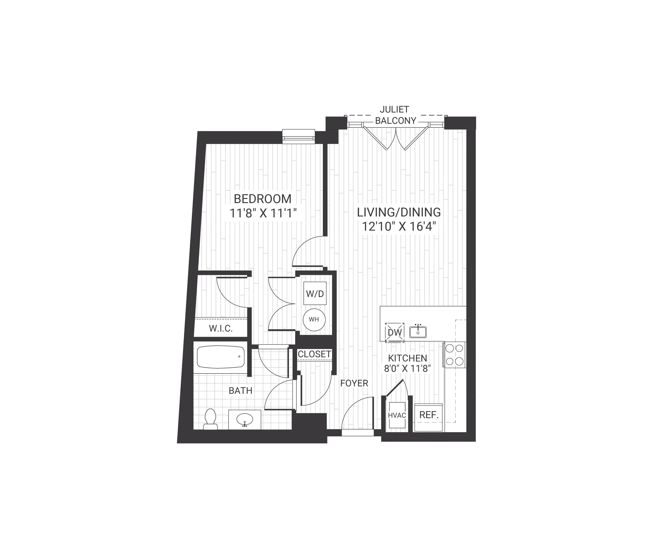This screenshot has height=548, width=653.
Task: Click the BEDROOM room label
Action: [263, 199]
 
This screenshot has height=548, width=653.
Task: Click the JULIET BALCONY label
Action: [395, 115]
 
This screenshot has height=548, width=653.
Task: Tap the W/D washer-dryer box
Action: [315, 293]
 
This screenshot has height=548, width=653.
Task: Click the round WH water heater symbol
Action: [314, 319]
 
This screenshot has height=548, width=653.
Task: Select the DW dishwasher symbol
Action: [395, 332]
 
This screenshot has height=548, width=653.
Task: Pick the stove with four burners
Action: [455, 354]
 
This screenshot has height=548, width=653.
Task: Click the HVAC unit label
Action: [397, 415]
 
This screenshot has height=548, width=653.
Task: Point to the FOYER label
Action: [354, 383]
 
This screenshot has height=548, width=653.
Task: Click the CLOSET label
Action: [314, 354]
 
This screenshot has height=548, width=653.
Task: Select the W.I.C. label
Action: [221, 328]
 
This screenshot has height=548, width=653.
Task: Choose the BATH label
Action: [240, 391]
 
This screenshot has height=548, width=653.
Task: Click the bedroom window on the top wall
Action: [298, 136]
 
